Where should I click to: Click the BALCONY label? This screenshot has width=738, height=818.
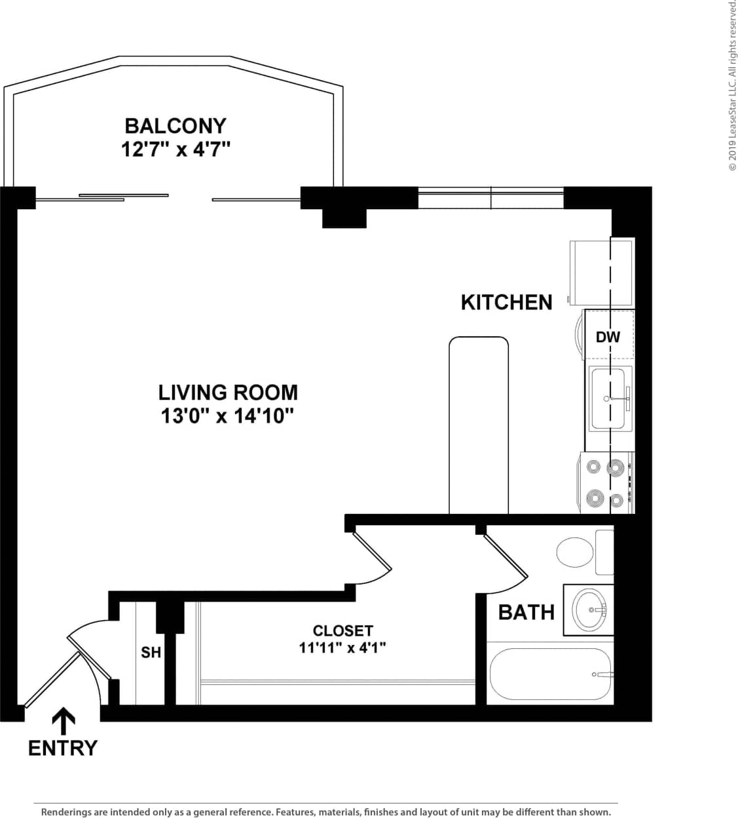(175, 125)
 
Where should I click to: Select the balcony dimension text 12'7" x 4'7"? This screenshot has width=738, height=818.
(175, 149)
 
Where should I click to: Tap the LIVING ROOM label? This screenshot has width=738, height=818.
(228, 392)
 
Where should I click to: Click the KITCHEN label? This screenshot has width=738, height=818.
(506, 302)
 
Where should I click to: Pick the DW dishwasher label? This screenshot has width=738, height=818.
(608, 337)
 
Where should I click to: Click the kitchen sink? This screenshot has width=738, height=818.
(610, 399)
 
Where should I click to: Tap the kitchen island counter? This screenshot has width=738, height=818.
(479, 426)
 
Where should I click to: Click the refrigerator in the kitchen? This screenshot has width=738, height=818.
(601, 272)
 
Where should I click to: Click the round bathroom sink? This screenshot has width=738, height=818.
(590, 610)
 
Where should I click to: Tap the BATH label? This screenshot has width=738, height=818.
(526, 612)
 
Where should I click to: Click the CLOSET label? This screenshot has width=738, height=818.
(342, 631)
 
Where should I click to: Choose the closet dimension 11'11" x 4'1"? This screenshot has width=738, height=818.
(342, 648)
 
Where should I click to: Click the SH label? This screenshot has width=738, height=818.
(151, 653)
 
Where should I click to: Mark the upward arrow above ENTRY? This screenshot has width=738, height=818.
(63, 721)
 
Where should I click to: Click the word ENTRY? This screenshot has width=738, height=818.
(63, 747)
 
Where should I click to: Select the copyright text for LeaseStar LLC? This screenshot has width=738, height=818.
(732, 85)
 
